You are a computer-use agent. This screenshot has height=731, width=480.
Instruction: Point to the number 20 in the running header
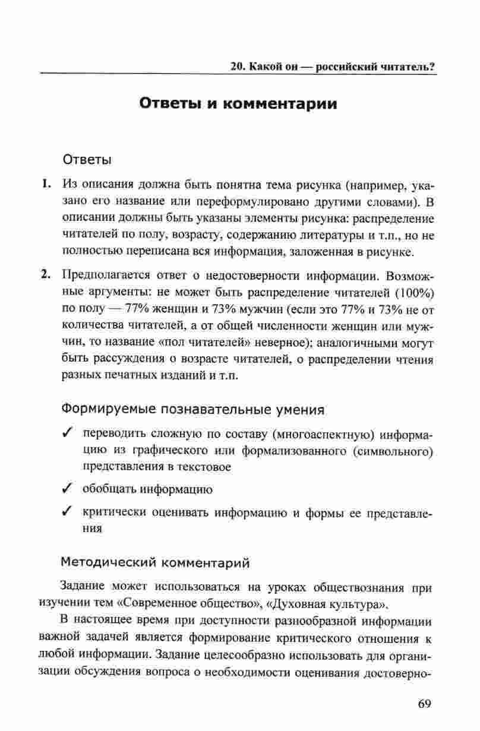click(238, 66)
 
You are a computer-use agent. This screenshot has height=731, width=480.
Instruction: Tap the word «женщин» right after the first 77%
click(162, 309)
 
